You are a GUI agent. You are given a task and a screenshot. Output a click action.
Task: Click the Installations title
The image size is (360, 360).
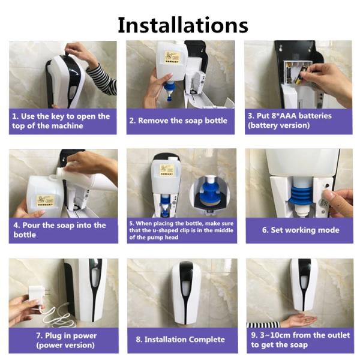tap(183, 25)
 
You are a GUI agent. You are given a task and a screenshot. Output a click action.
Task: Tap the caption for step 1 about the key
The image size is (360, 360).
tap(61, 121)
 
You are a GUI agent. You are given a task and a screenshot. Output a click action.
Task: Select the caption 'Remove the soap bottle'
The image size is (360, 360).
tap(178, 121)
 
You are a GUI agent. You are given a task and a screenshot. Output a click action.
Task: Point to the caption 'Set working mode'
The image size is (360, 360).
tap(301, 230)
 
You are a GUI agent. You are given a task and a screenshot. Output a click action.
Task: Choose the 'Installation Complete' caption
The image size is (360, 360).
tap(180, 340)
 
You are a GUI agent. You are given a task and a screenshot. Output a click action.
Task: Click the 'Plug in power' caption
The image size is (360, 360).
tap(67, 335)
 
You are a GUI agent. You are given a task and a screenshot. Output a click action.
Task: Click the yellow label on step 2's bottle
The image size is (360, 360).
tap(172, 57)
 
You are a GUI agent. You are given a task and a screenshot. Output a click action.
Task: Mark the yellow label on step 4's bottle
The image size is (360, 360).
tap(46, 200)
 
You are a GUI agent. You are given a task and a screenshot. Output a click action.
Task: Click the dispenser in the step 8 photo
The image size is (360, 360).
tap(186, 292)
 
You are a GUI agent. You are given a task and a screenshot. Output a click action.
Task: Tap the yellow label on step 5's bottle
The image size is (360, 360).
tap(166, 170)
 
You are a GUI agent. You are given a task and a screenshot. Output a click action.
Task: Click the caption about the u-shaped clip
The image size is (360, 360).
tap(181, 230)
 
